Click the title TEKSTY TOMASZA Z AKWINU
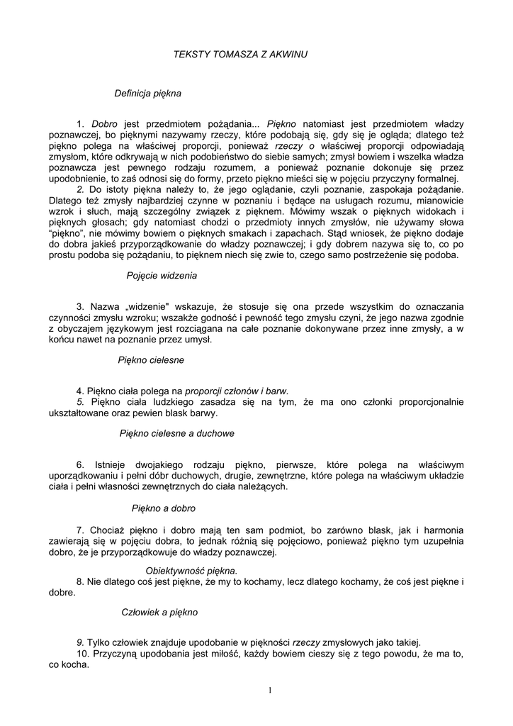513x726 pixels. click(x=241, y=54)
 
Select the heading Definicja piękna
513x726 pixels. click(x=147, y=93)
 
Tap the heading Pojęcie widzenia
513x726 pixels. click(x=162, y=274)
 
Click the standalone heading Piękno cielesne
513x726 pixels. click(x=151, y=359)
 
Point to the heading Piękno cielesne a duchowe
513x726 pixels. click(x=177, y=432)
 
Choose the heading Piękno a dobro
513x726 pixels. click(x=164, y=508)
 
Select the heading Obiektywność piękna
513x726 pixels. click(x=191, y=571)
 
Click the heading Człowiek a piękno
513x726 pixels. click(x=159, y=612)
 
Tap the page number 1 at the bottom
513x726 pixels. click(x=270, y=691)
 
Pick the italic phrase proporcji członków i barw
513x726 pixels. click(x=237, y=391)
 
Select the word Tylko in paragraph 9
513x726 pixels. click(x=99, y=644)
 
